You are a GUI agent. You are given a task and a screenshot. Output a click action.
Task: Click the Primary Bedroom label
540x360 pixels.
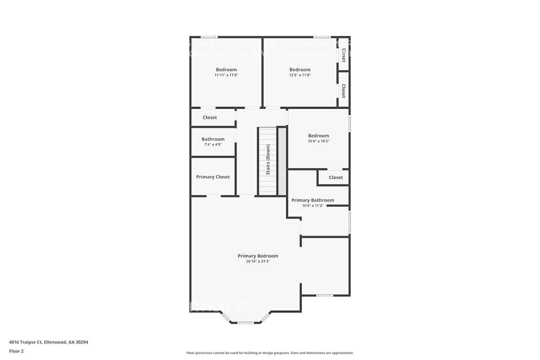point(258,256)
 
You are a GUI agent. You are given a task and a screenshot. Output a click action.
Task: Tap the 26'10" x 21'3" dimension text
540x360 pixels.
point(258,261)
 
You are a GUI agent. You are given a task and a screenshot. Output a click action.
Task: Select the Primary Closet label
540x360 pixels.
point(213,177)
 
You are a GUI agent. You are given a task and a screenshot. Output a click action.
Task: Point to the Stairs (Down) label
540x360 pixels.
point(268,159)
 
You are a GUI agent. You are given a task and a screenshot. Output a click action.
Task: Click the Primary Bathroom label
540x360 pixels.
point(312,200)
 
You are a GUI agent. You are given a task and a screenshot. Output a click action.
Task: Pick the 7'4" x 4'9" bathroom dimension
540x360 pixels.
point(213,144)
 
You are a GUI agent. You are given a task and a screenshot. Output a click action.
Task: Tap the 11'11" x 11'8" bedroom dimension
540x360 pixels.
point(226,75)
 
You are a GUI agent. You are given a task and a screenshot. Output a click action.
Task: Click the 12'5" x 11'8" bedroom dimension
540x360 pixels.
point(300,75)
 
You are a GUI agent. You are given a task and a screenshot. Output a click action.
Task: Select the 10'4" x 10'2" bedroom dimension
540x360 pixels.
point(318,141)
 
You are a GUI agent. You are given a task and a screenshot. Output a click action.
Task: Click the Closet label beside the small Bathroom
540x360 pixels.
point(210,117)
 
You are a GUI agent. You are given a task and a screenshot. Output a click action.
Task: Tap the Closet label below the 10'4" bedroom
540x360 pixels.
point(336,177)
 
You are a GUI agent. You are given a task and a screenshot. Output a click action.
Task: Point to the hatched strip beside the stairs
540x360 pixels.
point(282,161)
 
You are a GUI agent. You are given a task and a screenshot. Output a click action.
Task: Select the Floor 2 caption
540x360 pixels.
point(16,351)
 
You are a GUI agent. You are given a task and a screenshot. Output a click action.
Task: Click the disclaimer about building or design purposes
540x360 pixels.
point(270,353)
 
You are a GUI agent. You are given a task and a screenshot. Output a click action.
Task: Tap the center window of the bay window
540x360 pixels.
point(246,323)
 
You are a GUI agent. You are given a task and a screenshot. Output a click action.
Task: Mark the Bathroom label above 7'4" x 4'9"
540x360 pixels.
point(213,139)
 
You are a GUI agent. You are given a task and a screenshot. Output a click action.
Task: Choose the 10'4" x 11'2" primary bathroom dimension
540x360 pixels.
point(312,206)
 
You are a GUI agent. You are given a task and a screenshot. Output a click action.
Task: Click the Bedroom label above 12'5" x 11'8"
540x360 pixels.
point(300,69)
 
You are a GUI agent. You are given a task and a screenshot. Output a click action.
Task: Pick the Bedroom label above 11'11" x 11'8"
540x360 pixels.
point(226,69)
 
